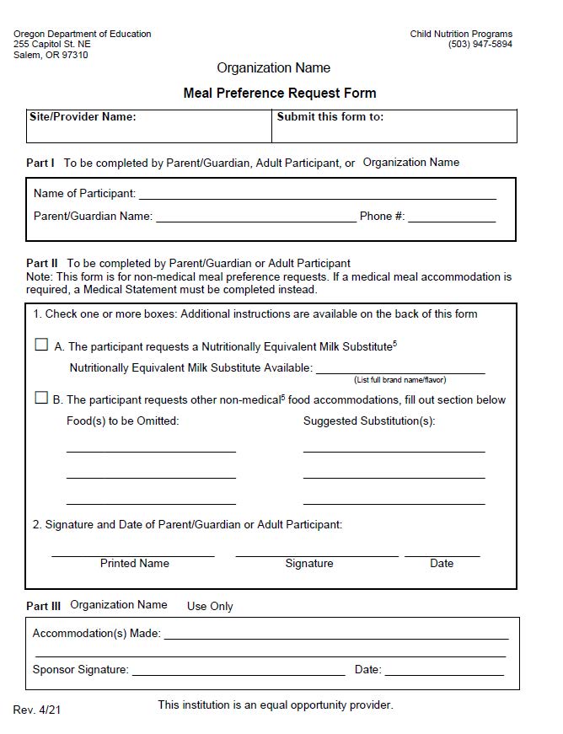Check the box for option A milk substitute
pyautogui.click(x=41, y=345)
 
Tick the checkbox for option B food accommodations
pyautogui.click(x=41, y=398)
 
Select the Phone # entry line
pyautogui.click(x=452, y=219)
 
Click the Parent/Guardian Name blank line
pyautogui.click(x=256, y=219)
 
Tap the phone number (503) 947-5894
pyautogui.click(x=480, y=45)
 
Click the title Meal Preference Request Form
pyautogui.click(x=280, y=94)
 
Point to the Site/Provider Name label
pyautogui.click(x=83, y=117)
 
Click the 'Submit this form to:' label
pyautogui.click(x=330, y=117)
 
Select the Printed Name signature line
pyautogui.click(x=133, y=555)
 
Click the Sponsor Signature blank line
pyautogui.click(x=239, y=673)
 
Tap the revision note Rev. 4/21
pyautogui.click(x=37, y=710)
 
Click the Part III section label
pyautogui.click(x=43, y=606)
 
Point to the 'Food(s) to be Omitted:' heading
pyautogui.click(x=123, y=421)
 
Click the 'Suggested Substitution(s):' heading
pyautogui.click(x=369, y=421)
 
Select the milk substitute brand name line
pyautogui.click(x=400, y=371)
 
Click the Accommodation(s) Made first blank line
pyautogui.click(x=336, y=637)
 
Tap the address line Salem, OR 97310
pyautogui.click(x=51, y=56)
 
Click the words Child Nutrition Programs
pyautogui.click(x=461, y=35)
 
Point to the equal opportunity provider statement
pyautogui.click(x=276, y=705)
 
